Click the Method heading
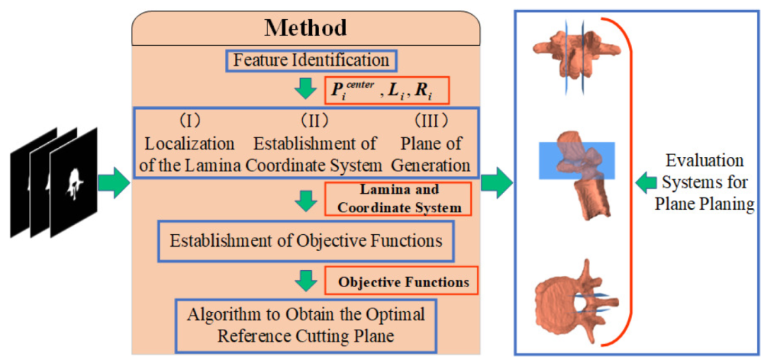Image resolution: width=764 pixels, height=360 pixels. click(306, 28)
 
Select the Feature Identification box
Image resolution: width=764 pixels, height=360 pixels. click(311, 60)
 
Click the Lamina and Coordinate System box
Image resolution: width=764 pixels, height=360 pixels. click(400, 199)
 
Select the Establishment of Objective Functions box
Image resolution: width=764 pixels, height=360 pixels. click(306, 240)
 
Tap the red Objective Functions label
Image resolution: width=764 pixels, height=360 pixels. click(402, 282)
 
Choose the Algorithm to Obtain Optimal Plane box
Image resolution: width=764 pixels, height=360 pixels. click(306, 324)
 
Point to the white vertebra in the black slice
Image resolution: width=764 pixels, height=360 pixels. click(73, 182)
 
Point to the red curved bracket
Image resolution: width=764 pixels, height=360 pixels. click(627, 184)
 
